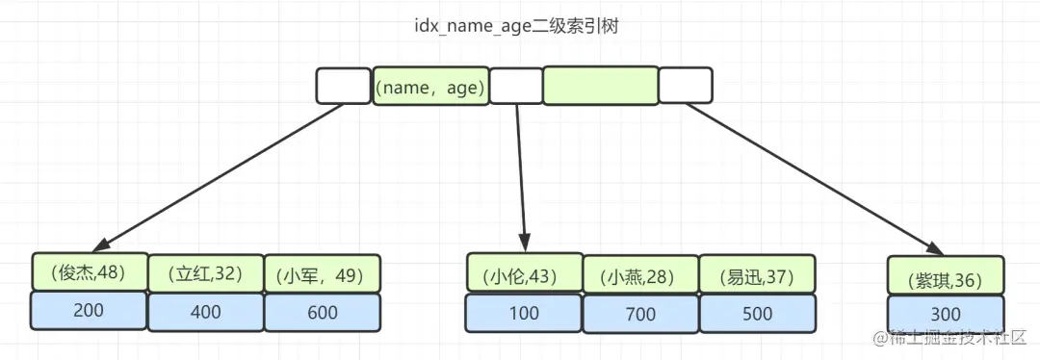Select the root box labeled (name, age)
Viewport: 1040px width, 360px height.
coord(429,87)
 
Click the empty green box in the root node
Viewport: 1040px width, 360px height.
coord(600,86)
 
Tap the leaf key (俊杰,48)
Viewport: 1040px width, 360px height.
coord(90,272)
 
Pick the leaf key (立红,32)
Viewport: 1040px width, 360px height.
coord(205,274)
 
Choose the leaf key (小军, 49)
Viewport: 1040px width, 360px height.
coord(322,275)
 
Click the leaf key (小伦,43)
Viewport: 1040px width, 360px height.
coord(524,274)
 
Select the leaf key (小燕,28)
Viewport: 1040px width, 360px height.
coord(640,276)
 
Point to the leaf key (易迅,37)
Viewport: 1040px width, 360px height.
coord(757,276)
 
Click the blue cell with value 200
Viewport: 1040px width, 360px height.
coord(89,310)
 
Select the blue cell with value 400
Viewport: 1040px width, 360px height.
coord(205,312)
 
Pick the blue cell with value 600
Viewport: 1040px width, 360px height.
coord(322,313)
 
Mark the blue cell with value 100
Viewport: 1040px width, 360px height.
coord(524,313)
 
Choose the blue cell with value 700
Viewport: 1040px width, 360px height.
coord(640,315)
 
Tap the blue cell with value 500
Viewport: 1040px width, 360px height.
coord(757,314)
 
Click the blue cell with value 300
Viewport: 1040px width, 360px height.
coord(946,315)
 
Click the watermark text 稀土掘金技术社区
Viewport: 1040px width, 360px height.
coord(963,340)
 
